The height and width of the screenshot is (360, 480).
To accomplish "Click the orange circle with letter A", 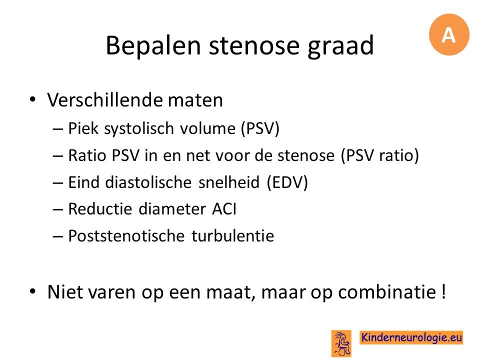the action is (x=449, y=34).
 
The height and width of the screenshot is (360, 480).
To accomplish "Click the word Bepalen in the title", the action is (x=153, y=45).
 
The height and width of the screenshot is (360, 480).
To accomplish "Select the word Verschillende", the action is (x=104, y=100).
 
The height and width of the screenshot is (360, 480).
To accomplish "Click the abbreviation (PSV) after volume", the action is (x=260, y=128).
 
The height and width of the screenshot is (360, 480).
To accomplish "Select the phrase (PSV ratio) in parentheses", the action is (x=380, y=155).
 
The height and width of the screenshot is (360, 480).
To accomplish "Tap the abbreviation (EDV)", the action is (x=287, y=182).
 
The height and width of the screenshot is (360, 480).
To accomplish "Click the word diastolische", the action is (x=148, y=182).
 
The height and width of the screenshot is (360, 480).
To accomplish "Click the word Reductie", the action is (x=100, y=209).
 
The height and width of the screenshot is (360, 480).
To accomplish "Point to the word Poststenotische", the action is (x=126, y=236).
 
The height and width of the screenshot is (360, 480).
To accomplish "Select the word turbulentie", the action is (x=232, y=236).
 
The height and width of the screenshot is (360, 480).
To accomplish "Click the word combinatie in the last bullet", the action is (x=387, y=291).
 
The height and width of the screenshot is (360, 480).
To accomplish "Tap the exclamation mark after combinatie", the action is (x=444, y=291).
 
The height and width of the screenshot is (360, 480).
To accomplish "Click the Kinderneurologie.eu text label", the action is (x=411, y=337).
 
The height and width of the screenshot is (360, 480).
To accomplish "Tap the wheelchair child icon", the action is (x=341, y=343).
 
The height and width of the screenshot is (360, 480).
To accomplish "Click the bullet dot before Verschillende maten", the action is (x=33, y=100).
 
